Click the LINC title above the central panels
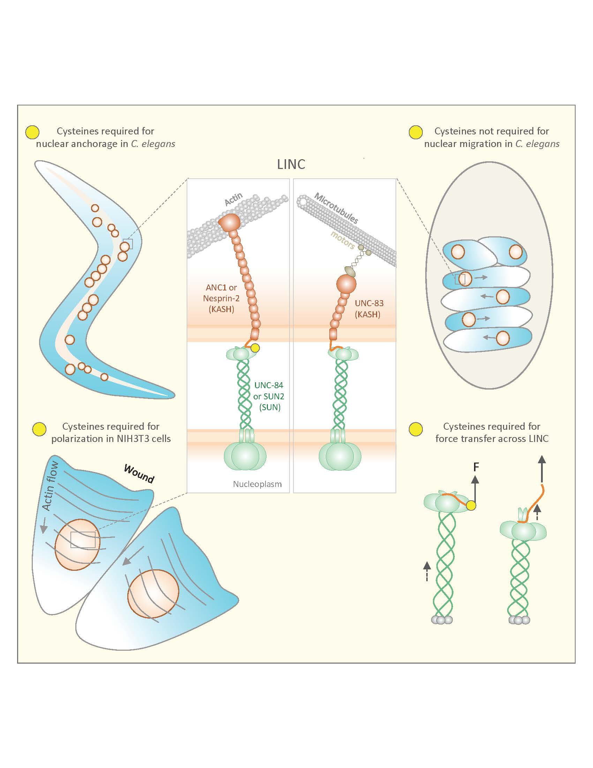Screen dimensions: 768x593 291,164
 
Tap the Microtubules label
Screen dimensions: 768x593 336,208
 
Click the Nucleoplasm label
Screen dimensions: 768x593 257,484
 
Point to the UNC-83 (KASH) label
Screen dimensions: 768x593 368,308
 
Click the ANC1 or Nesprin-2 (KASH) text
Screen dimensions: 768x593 221,298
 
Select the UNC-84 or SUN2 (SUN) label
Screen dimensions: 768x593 269,396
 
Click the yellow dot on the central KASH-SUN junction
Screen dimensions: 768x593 255,348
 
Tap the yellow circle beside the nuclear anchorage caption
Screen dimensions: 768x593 32,132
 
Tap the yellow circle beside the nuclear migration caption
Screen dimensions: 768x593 416,132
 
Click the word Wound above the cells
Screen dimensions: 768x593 139,474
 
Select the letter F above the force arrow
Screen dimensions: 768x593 476,467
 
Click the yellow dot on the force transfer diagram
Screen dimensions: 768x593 471,506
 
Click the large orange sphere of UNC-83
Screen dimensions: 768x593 346,284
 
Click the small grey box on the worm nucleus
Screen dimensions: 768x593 128,244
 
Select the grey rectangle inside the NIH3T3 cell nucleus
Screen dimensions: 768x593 83,540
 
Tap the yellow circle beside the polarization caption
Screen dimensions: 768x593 39,429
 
